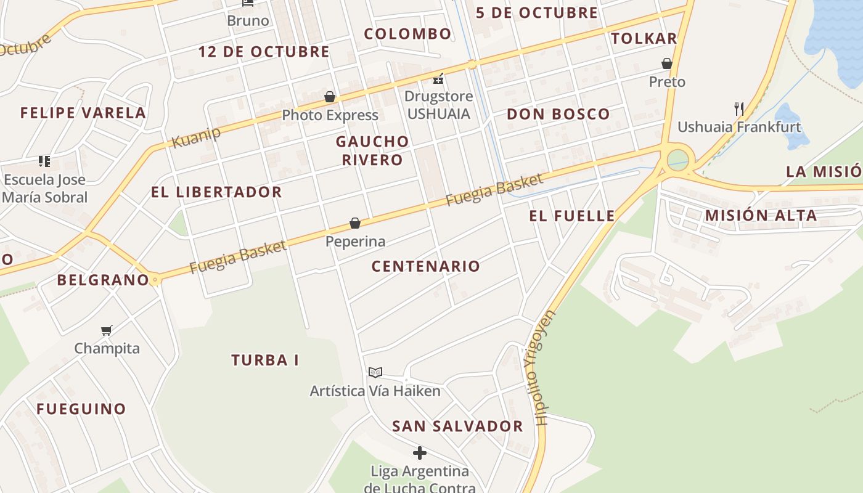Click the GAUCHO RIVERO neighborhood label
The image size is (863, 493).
tap(372, 150)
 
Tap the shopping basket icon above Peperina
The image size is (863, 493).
tap(355, 222)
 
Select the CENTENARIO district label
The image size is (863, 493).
tap(425, 266)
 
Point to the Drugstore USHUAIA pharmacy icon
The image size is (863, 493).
tap(439, 79)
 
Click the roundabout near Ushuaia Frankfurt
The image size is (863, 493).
tap(677, 159)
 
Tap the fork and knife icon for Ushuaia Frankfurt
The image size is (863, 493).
tap(738, 109)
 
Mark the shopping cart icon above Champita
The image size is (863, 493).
tap(107, 330)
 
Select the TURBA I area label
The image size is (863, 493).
tap(265, 360)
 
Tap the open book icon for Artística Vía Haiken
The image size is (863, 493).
tap(375, 372)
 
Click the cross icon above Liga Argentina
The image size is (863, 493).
tap(420, 453)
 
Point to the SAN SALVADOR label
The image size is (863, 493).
tap(457, 426)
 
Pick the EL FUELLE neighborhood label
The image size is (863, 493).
tap(571, 216)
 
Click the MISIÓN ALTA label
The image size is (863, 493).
tap(761, 216)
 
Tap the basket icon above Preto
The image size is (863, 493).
tap(666, 63)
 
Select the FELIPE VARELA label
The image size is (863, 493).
tap(83, 113)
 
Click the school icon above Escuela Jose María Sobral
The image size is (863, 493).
tap(44, 161)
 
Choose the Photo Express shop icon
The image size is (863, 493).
tap(330, 97)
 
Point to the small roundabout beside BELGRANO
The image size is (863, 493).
tap(155, 280)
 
